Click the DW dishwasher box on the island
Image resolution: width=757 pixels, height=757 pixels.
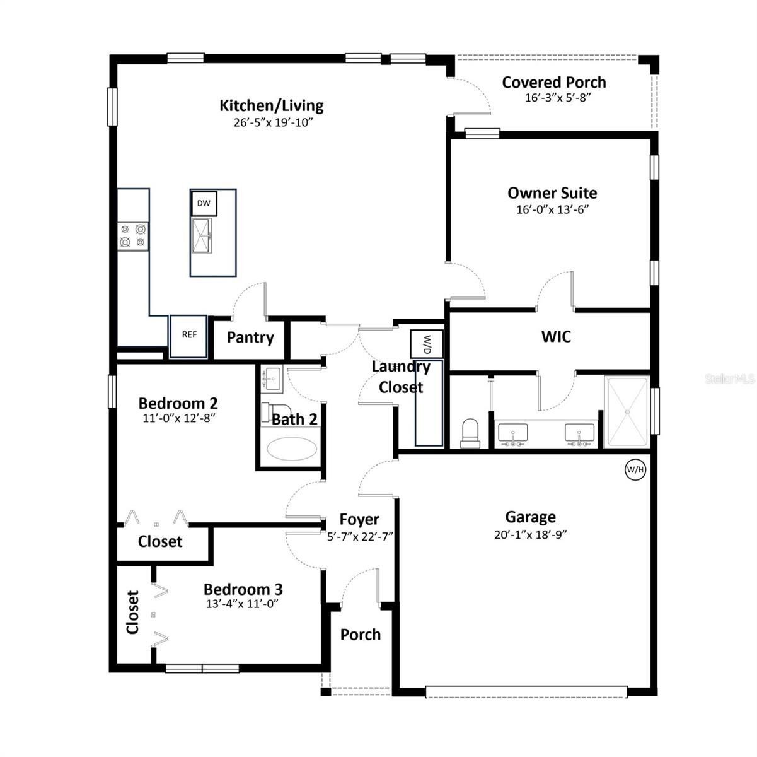click(x=204, y=203)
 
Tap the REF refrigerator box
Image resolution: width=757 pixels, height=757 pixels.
click(x=189, y=336)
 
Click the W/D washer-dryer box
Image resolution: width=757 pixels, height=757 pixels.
click(x=427, y=344)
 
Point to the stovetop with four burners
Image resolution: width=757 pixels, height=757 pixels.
click(x=133, y=235)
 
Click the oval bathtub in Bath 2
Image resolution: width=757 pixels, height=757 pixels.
click(x=289, y=449)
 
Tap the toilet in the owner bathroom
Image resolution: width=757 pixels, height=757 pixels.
click(x=471, y=434)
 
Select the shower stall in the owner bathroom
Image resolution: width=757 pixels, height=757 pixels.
click(x=627, y=412)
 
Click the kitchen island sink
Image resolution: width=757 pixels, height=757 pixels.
click(x=202, y=236)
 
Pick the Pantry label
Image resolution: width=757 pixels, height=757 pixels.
click(x=250, y=337)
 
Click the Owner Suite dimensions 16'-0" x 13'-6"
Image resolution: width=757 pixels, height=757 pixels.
click(x=552, y=209)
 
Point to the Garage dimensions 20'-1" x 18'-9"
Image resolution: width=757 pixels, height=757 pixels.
click(x=530, y=534)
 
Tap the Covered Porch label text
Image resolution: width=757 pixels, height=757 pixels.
click(x=554, y=82)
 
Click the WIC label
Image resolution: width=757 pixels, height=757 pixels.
click(x=556, y=337)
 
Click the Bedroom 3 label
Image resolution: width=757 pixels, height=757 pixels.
click(x=243, y=589)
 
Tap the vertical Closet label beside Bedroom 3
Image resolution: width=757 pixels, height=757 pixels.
click(x=132, y=612)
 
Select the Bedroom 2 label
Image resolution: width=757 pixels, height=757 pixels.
click(x=178, y=402)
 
